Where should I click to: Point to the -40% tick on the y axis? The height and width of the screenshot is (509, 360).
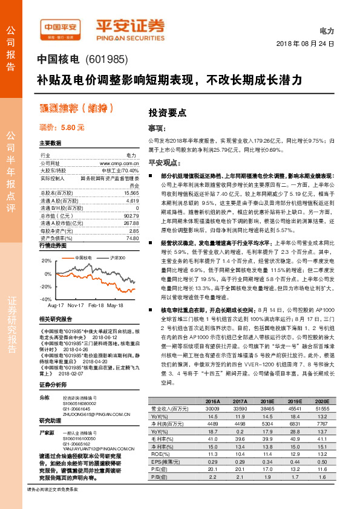pos(46,299)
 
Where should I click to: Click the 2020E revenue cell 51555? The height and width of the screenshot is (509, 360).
pos(321,409)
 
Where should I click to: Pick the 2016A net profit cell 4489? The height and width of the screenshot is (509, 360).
pos(212,423)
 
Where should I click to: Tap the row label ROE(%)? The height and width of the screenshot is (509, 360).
pos(159,452)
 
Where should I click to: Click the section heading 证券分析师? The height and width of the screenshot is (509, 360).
pos(52,384)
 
